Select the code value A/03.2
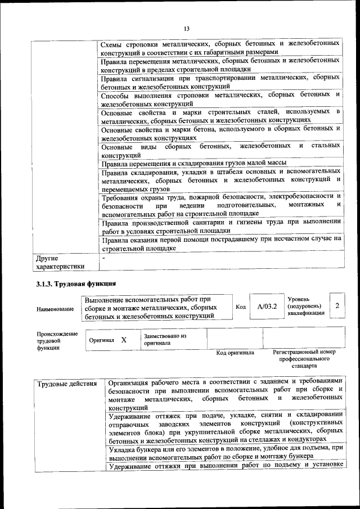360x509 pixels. click(267, 306)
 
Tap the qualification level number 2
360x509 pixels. click(337, 305)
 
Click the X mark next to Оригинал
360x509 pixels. click(124, 340)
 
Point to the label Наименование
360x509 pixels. click(55, 309)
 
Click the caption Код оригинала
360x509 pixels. click(235, 353)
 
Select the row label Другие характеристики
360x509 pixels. click(60, 262)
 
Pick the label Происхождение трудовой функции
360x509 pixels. click(57, 341)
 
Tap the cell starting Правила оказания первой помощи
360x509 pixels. click(220, 242)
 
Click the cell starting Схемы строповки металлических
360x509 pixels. click(220, 48)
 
